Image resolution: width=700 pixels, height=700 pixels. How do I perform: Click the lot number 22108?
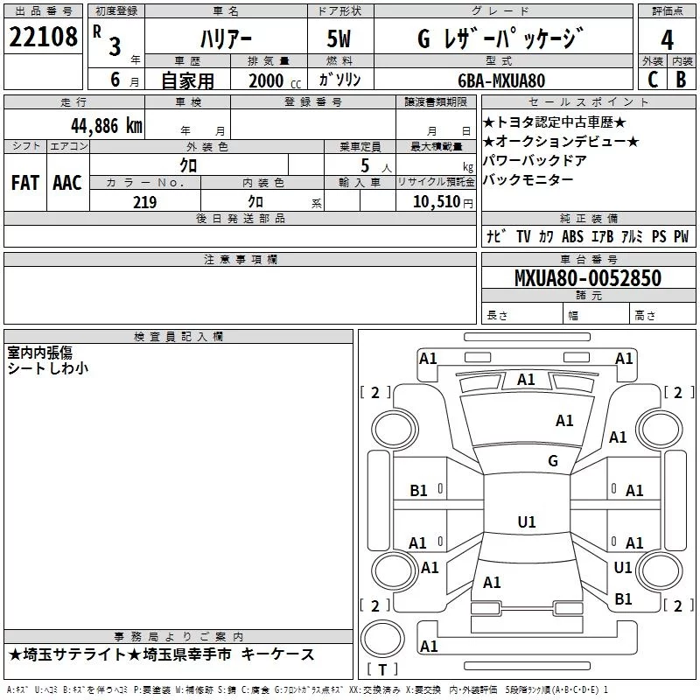pos(43,37)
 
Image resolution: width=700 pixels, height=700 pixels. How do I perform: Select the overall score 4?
pos(667,40)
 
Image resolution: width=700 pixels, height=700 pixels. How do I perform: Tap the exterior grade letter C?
pos(653,80)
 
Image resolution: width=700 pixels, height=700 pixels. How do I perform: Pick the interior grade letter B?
pos(681,80)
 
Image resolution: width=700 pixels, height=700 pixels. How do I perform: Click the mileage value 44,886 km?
pos(107,126)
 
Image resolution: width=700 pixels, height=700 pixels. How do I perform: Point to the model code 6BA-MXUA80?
pos(501,80)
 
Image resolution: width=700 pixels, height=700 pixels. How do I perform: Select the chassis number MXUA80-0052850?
pos(588,278)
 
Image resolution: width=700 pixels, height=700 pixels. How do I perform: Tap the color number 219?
pos(144,202)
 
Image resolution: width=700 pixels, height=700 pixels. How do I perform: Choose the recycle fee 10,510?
pos(437,202)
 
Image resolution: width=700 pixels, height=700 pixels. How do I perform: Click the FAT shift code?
pos(25,183)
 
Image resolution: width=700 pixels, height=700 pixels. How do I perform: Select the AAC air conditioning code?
pos(67,183)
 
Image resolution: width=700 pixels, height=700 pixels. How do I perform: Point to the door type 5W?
pos(339,38)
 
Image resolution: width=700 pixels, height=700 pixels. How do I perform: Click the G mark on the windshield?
pos(553,461)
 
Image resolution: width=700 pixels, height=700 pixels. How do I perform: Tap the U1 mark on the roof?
pos(527,521)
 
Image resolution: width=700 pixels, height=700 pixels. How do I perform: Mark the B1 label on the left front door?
pos(418,491)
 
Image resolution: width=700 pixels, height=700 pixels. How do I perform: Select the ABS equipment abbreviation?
pos(572,236)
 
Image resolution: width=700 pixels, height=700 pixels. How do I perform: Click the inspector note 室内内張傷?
pos(39,353)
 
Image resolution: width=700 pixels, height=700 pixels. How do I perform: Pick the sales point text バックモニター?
pos(528,180)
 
